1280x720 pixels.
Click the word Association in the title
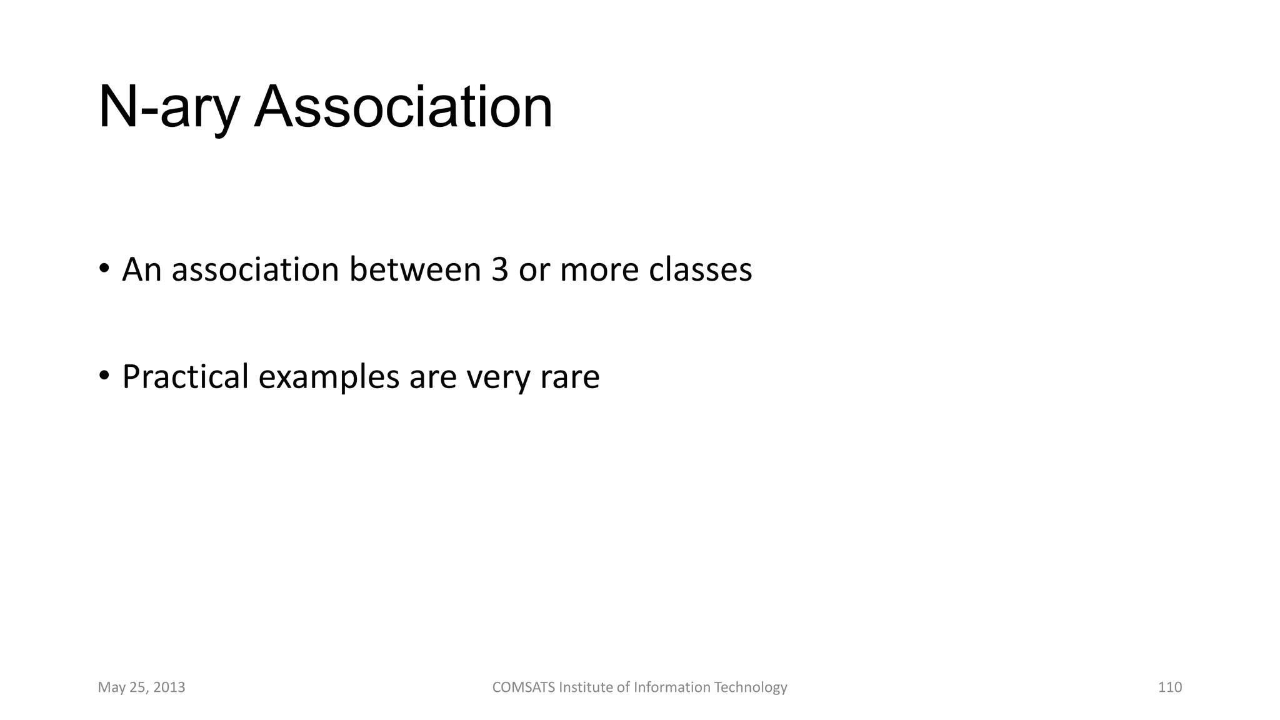(403, 107)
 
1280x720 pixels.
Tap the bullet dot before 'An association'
(104, 269)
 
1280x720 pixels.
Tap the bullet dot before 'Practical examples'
(104, 376)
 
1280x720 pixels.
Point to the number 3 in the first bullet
(499, 269)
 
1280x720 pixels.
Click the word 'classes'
(700, 269)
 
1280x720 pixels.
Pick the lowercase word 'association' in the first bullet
(255, 269)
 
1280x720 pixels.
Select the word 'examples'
(328, 377)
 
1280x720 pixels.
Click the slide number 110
(1169, 687)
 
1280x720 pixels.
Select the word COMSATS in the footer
(523, 687)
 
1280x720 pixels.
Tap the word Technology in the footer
(750, 687)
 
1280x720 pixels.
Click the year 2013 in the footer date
(169, 687)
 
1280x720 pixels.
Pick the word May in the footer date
(109, 687)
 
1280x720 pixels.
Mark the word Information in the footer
(672, 687)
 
